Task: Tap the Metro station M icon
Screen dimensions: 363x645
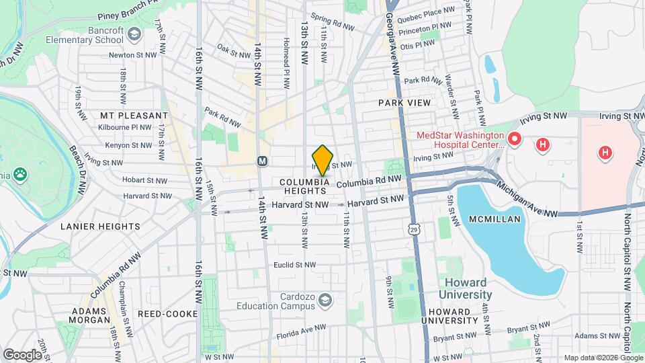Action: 263,161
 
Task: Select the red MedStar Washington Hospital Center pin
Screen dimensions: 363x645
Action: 515,140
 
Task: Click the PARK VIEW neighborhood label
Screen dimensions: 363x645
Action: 404,103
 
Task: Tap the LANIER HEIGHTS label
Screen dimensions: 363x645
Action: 100,227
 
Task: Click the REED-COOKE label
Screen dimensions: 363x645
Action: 167,314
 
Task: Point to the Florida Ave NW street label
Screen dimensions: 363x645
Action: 301,334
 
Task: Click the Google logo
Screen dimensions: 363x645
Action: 21,354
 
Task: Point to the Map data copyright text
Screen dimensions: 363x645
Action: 603,357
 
